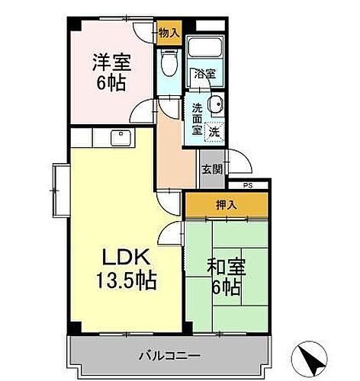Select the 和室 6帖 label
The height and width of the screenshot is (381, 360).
(225, 277)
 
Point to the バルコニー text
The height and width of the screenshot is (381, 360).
(169, 355)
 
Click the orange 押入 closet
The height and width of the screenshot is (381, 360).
(227, 206)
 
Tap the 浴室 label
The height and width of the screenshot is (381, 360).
(204, 75)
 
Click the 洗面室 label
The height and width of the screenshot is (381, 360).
(198, 119)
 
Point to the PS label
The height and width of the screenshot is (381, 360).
(247, 185)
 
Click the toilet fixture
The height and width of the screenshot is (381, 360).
(168, 63)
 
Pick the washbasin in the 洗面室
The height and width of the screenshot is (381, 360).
(216, 106)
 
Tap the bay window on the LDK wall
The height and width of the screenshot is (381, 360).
(59, 188)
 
